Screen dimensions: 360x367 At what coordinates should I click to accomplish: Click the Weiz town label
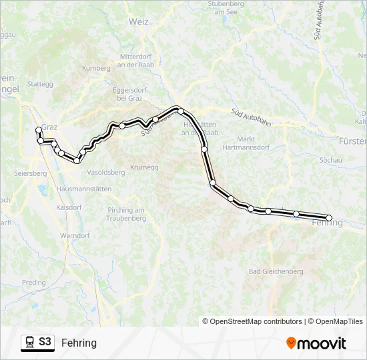[139, 21]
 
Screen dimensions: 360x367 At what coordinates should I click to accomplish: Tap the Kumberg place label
[95, 68]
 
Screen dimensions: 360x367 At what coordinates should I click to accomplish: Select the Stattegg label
[40, 84]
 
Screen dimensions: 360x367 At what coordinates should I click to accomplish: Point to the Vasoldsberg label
[106, 172]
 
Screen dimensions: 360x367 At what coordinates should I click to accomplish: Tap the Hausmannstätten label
[83, 189]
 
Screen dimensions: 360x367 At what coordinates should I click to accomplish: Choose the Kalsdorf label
[69, 207]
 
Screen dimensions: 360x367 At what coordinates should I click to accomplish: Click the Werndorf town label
[74, 235]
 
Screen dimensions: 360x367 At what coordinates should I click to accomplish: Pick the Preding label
[34, 282]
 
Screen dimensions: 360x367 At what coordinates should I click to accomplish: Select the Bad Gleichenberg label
[276, 271]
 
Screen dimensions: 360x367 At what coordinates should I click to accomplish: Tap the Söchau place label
[330, 161]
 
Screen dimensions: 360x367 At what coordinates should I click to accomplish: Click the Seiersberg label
[29, 173]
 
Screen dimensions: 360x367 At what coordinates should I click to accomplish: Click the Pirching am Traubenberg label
[126, 214]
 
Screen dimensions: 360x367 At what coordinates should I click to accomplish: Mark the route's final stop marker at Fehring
[329, 218]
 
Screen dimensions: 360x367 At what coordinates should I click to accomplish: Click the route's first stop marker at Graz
[38, 130]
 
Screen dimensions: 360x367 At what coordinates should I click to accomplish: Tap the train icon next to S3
[29, 343]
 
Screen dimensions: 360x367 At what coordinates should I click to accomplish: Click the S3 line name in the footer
[45, 342]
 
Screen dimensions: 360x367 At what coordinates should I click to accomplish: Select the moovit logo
[316, 343]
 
